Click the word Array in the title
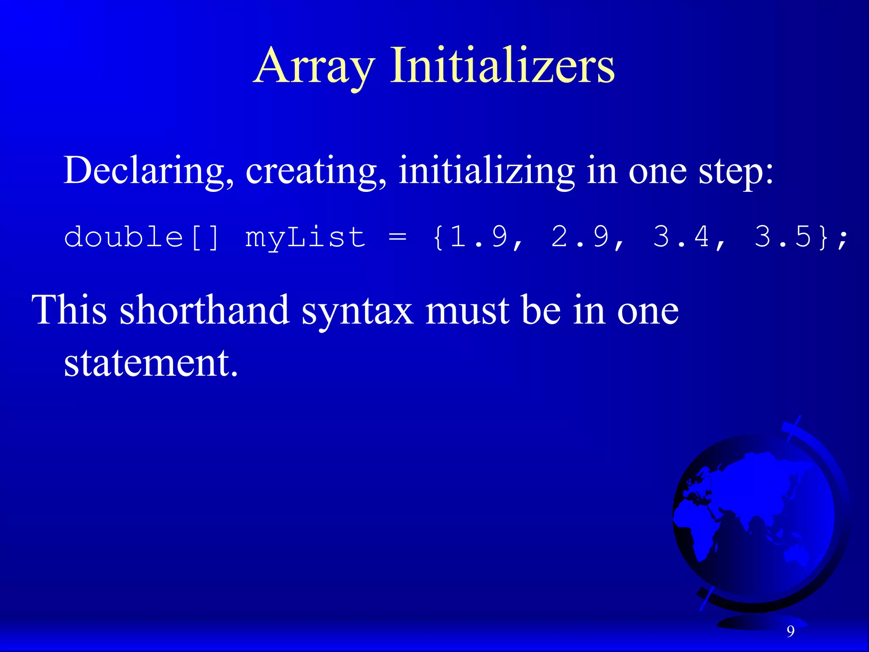[x=314, y=66]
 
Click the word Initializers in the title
[x=502, y=66]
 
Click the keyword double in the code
[x=123, y=237]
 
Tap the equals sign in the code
[x=398, y=237]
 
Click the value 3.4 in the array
[x=681, y=237]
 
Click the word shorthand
[x=205, y=310]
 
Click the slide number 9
[x=791, y=632]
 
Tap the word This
[x=70, y=310]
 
